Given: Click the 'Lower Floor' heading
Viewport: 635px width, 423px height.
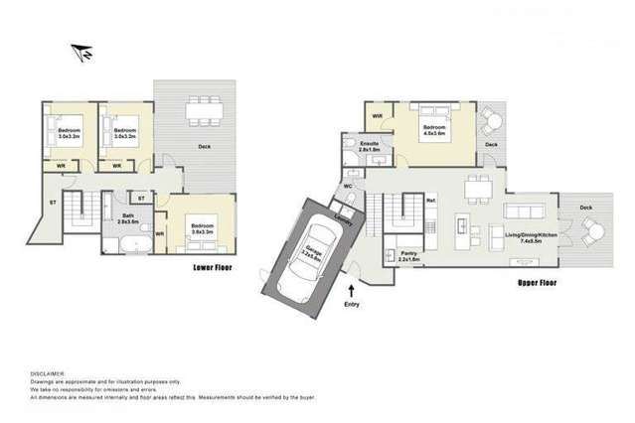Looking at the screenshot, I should point(213,268).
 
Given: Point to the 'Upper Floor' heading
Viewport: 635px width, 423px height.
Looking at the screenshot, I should point(536,281).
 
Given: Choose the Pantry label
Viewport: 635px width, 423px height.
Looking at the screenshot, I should point(407,255).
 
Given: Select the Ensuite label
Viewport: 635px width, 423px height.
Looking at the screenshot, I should point(371,146).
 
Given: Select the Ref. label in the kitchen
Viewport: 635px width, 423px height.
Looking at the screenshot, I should point(430,201).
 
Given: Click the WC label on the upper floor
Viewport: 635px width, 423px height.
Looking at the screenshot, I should point(350,186).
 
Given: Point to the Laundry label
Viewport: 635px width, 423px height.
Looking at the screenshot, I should point(344,220).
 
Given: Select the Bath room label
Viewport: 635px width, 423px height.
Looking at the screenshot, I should point(129,217).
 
